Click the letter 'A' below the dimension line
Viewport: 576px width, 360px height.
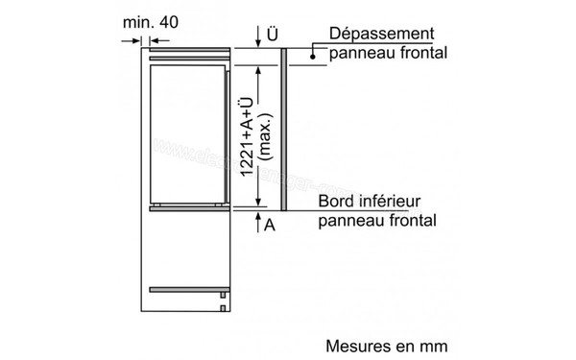(x=272, y=225)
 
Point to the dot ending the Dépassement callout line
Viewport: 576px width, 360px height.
(x=313, y=55)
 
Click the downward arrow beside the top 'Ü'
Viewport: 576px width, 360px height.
(x=258, y=36)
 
